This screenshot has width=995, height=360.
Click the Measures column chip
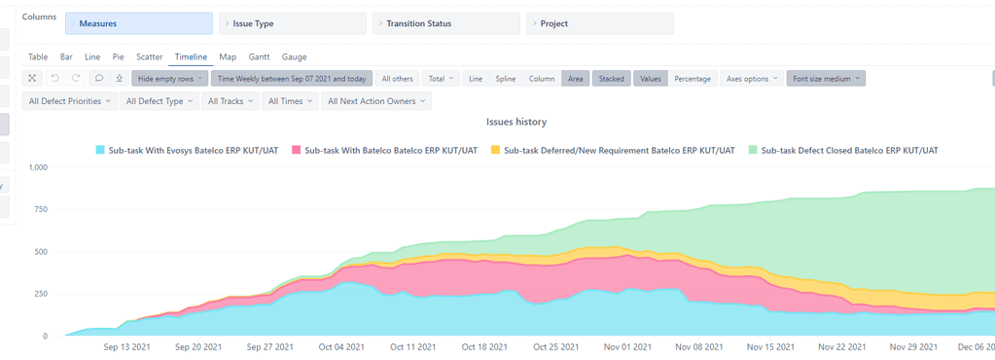[138, 23]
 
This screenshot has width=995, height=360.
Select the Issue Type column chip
[293, 23]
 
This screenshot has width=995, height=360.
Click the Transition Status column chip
[446, 23]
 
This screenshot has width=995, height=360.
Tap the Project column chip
[599, 23]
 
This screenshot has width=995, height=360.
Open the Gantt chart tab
[259, 57]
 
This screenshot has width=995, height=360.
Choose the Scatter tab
[149, 57]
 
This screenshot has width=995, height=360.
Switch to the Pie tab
[118, 57]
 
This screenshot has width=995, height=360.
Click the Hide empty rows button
[170, 79]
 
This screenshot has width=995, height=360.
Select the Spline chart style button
[506, 79]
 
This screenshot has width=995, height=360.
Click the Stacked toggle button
[611, 79]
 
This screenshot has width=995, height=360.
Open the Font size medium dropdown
[826, 79]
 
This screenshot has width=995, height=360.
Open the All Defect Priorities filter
[69, 101]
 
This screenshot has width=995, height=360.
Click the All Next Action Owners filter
[376, 101]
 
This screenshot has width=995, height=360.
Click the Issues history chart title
[515, 123]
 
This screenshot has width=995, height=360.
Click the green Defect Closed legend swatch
[753, 151]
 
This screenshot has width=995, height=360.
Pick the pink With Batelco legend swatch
[297, 151]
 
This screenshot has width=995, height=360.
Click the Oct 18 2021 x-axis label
[484, 347]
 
